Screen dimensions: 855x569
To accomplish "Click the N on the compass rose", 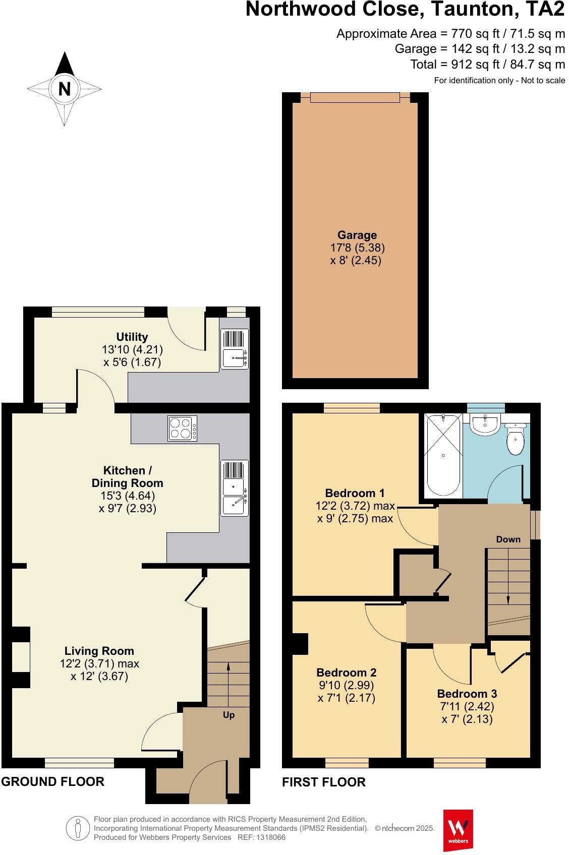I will [x=64, y=89].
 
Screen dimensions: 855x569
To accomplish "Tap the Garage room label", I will [x=357, y=235].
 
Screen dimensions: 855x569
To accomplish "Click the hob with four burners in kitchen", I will [x=183, y=429].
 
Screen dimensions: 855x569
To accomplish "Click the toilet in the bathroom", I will [x=516, y=440].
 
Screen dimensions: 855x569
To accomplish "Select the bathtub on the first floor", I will [x=443, y=454].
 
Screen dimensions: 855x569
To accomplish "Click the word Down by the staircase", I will [x=508, y=539].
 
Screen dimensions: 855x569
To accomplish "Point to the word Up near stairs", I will [x=229, y=715].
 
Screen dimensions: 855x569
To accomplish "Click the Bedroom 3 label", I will [x=467, y=694].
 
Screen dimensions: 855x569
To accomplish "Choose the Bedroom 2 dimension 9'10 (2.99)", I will [x=347, y=685].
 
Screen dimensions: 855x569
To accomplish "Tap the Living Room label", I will [x=99, y=651].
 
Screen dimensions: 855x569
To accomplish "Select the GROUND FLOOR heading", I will [x=53, y=781].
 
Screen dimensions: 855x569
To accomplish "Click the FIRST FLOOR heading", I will [x=324, y=782].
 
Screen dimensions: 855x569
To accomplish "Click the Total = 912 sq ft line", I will [x=487, y=65].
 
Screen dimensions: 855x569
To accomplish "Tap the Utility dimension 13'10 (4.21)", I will [x=132, y=349].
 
